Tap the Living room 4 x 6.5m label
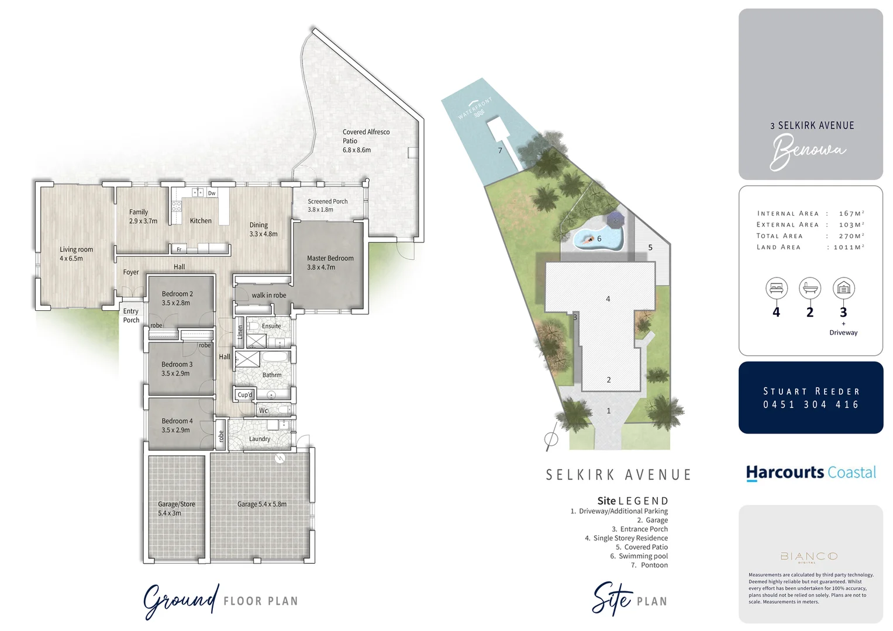pos(76,254)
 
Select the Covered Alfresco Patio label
pos(366,140)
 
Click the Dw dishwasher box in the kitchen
pos(212,193)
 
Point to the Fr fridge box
pos(179,249)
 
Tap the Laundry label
pos(260,439)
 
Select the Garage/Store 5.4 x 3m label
pos(176,508)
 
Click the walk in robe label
pos(269,296)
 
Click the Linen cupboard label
pos(240,332)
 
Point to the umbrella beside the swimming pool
pos(615,220)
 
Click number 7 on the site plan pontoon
pos(500,150)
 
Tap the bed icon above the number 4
pos(776,288)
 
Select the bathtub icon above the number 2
pos(809,288)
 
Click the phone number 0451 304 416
pos(811,404)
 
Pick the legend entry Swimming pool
pos(643,556)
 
